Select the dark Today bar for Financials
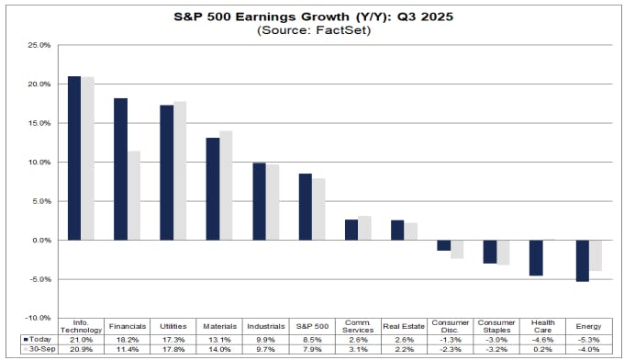121,169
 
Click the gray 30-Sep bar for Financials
134,196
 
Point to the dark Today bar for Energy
582,260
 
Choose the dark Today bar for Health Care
536,257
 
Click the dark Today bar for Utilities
167,173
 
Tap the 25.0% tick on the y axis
38,45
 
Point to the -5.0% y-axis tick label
38,279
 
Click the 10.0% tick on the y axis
38,163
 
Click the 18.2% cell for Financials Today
128,339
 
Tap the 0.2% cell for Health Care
542,349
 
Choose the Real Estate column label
404,324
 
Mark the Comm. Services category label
358,324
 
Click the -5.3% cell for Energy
588,339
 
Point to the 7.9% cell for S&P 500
312,349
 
